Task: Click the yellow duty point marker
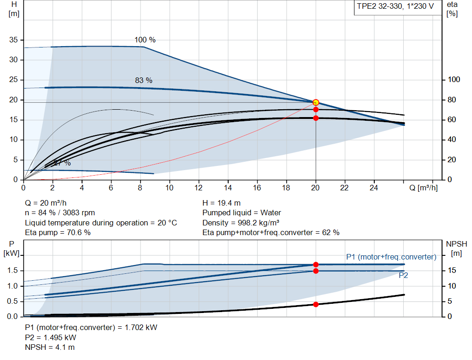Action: click(x=316, y=102)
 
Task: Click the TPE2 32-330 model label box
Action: click(x=395, y=8)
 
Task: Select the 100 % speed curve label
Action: click(x=145, y=40)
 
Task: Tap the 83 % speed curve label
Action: click(x=143, y=80)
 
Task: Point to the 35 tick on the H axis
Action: click(x=14, y=40)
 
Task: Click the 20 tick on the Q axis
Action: click(x=316, y=188)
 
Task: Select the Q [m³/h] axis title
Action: click(x=423, y=188)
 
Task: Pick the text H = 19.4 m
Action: click(x=222, y=203)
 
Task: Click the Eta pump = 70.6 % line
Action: click(x=58, y=232)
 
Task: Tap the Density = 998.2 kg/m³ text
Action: click(x=242, y=223)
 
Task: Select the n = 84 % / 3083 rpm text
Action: click(x=60, y=212)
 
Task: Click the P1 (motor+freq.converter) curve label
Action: click(x=391, y=257)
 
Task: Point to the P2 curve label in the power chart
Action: click(x=403, y=275)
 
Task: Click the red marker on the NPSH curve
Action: click(x=316, y=304)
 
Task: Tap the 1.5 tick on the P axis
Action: click(x=13, y=271)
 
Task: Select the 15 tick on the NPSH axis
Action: click(x=452, y=271)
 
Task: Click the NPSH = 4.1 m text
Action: click(x=50, y=347)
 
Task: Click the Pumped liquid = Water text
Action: click(x=242, y=212)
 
